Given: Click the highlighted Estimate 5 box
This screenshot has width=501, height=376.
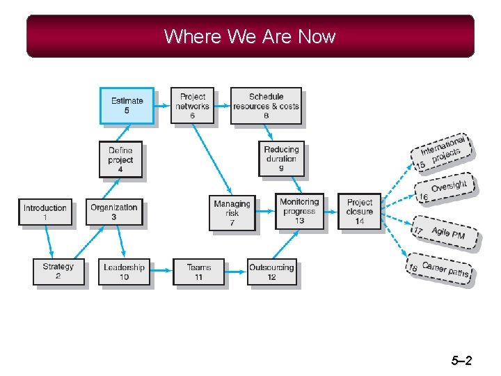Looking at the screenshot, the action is point(127,105).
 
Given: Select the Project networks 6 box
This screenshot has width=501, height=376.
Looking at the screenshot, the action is point(192,105).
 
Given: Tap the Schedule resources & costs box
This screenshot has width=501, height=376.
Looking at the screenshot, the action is point(266,105).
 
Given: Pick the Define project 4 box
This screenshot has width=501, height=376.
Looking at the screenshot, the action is point(120,159).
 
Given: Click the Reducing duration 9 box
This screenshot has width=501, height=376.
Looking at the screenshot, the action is point(281,158).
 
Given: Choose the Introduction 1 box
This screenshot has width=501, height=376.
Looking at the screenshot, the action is point(45,212).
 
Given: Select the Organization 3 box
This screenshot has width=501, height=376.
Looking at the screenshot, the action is point(114,211).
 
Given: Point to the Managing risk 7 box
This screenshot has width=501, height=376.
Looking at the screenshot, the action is point(232,212).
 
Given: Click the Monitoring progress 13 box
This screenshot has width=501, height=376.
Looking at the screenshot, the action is point(299,211).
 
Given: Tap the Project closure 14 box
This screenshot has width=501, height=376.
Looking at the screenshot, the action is point(360,211).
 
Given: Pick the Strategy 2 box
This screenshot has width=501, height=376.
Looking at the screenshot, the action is point(58,271).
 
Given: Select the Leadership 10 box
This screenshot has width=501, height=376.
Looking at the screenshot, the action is point(124,271).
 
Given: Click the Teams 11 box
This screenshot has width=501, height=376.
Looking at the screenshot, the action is point(198,271).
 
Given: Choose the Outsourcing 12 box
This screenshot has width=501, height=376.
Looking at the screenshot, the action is point(271,271).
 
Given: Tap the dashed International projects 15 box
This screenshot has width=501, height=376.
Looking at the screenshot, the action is point(443,152).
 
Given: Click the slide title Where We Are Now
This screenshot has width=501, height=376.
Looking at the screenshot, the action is point(250,36).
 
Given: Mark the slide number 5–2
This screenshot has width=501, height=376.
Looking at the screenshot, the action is point(461,360).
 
